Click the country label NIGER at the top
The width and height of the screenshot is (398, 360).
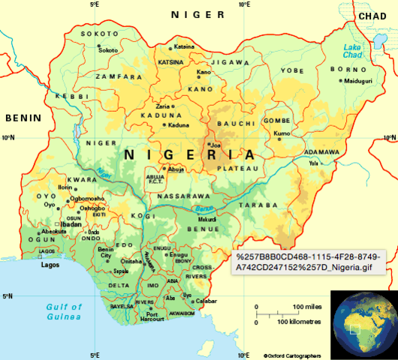(x=197, y=14)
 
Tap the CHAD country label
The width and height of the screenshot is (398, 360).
(x=372, y=16)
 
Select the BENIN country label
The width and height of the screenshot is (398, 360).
(x=22, y=118)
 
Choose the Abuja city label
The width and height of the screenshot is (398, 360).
(x=176, y=169)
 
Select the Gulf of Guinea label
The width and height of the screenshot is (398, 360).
(x=62, y=312)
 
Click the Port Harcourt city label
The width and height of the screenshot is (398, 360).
(x=152, y=318)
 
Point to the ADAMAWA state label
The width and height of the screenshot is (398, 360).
(x=321, y=152)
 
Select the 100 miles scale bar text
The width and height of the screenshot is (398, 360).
(x=307, y=307)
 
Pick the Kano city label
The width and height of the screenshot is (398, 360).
(x=204, y=72)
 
